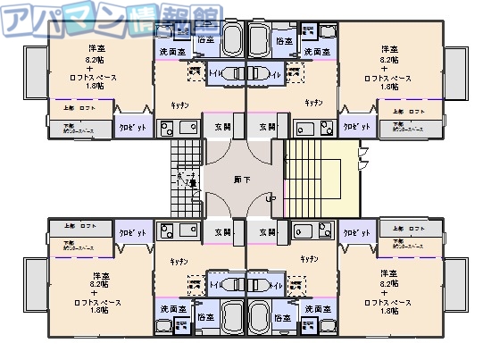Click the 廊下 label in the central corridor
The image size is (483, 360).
click(241, 180)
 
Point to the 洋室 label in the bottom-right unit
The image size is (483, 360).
click(388, 272)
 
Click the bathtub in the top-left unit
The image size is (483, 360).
click(232, 40)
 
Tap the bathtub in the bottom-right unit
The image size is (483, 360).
click(260, 318)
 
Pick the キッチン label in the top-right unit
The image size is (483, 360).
click(312, 103)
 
